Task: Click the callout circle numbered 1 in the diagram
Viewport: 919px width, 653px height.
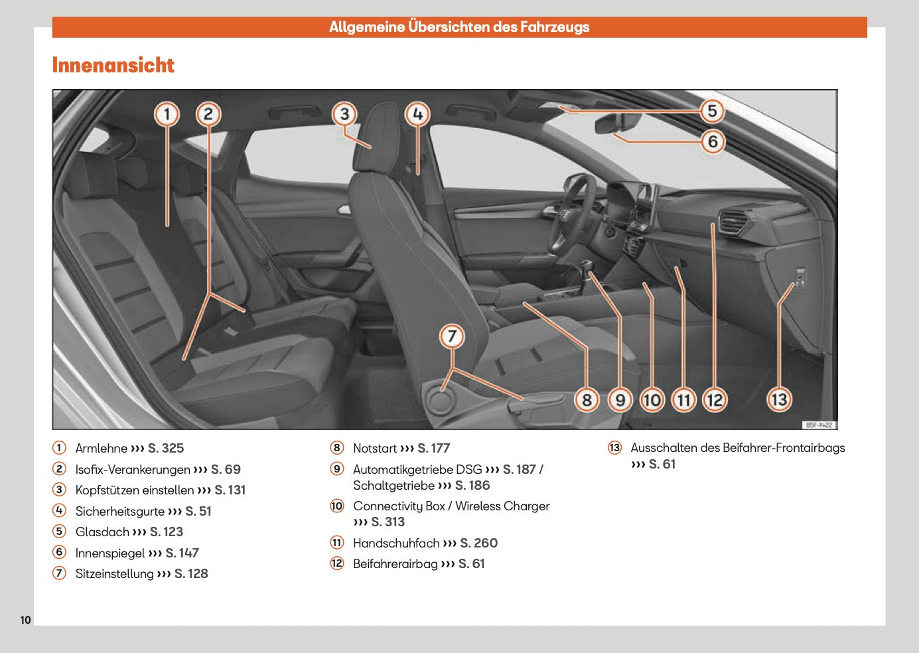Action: coord(167,114)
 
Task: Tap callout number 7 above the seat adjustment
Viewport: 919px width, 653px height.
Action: coord(452,336)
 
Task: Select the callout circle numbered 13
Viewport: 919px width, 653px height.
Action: coord(779,399)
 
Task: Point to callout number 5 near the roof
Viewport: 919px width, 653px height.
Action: coord(712,111)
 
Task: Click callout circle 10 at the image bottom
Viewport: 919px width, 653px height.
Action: coord(652,399)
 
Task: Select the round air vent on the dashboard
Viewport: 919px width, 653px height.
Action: coord(734,221)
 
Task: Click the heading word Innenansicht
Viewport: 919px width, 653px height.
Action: coord(113,65)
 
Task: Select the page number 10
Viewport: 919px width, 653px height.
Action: coord(25,620)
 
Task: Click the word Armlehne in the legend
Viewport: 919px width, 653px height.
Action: coord(101,449)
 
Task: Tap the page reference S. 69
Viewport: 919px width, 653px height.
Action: coord(226,470)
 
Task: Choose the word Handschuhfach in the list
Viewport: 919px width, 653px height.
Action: coord(396,544)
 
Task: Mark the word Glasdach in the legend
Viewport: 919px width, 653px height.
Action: coord(102,532)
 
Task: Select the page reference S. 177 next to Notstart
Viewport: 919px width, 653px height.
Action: coord(433,449)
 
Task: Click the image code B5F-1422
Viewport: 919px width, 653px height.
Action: coord(819,425)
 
